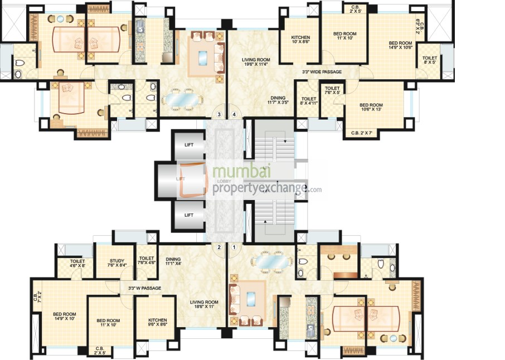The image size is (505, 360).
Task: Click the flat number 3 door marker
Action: tap(220, 115)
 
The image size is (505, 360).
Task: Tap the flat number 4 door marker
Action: tap(234, 115)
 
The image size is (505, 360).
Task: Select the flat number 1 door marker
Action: tap(234, 247)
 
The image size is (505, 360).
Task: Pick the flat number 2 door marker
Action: tap(220, 247)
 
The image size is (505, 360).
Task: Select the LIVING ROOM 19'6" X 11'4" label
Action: tap(256, 62)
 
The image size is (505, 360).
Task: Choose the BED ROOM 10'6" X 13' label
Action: tap(371, 108)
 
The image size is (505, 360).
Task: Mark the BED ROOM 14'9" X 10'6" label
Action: tap(400, 46)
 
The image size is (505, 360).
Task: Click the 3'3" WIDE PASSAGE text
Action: tap(322, 72)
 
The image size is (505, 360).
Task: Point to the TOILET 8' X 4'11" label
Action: tap(308, 101)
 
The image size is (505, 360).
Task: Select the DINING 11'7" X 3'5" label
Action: tap(273, 99)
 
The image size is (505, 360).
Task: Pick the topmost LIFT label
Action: tap(189, 145)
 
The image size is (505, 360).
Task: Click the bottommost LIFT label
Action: tap(189, 215)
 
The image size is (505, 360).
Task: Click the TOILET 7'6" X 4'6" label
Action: tap(146, 260)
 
